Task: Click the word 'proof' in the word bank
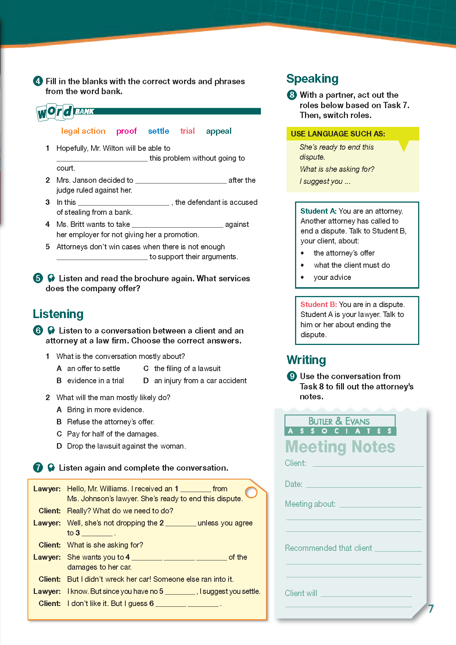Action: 126,131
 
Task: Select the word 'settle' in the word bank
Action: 158,131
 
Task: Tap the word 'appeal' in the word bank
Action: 219,131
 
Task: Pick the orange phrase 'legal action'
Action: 83,131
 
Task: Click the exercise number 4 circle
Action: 38,81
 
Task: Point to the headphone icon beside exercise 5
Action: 51,278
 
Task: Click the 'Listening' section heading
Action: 58,314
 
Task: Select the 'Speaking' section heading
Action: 312,79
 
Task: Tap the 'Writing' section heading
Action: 306,360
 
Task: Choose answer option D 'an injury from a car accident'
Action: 200,381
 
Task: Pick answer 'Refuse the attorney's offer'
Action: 110,422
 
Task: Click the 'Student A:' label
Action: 318,211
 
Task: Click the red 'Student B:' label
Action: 318,304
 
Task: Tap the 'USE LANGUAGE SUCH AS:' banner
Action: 338,134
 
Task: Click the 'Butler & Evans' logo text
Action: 339,421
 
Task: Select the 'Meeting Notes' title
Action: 340,447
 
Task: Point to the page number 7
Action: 431,609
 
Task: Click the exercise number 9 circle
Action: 292,376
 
